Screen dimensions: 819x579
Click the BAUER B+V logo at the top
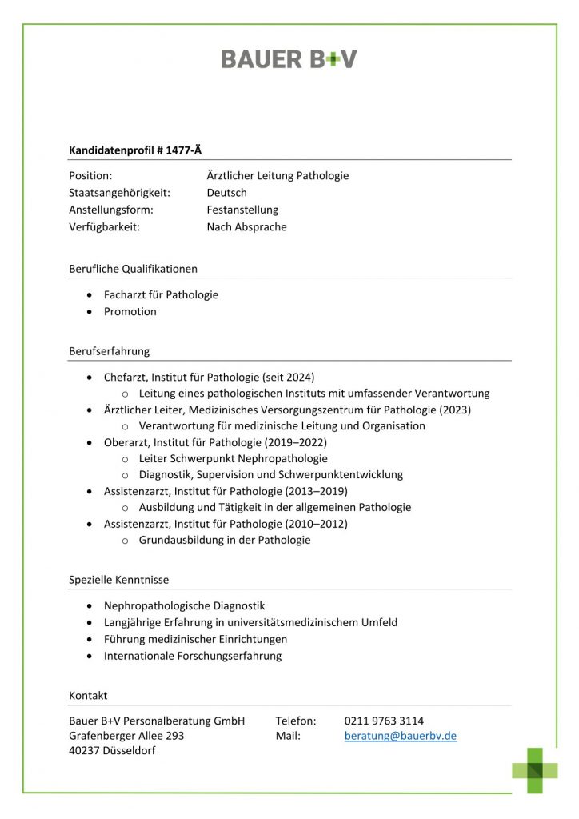pyautogui.click(x=289, y=58)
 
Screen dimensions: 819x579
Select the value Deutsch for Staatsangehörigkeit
pyautogui.click(x=226, y=193)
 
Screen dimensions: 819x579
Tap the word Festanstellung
pyautogui.click(x=242, y=210)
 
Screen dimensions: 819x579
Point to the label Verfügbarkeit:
pyautogui.click(x=104, y=226)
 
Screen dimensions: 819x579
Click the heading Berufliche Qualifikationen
pyautogui.click(x=133, y=269)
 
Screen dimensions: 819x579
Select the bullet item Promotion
pyautogui.click(x=130, y=311)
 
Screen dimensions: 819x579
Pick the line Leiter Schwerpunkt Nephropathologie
pyautogui.click(x=233, y=458)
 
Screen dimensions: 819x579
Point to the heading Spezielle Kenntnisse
pyautogui.click(x=118, y=579)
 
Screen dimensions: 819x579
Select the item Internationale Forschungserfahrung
pyautogui.click(x=193, y=656)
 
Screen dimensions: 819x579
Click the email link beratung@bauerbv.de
pyautogui.click(x=400, y=736)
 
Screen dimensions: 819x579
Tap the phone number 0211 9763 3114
pyautogui.click(x=384, y=721)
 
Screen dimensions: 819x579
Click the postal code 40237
pyautogui.click(x=84, y=751)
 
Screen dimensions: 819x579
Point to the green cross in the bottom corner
pyautogui.click(x=535, y=769)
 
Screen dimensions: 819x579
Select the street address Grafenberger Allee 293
pyautogui.click(x=126, y=736)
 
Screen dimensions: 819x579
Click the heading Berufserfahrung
pyautogui.click(x=109, y=350)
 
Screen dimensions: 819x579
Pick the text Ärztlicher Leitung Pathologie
pyautogui.click(x=278, y=176)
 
